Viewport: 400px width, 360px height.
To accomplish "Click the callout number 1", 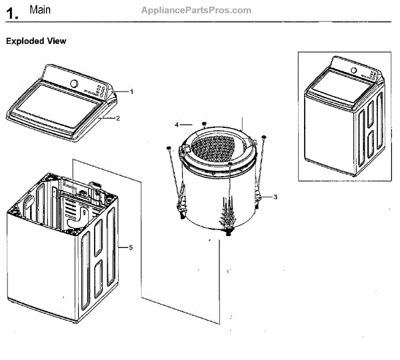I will (132, 91).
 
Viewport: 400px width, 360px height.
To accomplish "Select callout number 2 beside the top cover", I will (117, 119).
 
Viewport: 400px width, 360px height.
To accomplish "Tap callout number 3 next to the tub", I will (275, 197).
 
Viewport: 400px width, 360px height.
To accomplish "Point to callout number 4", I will (177, 125).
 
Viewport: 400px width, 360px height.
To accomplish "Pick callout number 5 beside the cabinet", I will (131, 248).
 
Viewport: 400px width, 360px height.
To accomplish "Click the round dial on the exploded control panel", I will (74, 85).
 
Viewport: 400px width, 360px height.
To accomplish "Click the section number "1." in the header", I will (11, 12).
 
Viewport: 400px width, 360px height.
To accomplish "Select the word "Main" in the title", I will (40, 11).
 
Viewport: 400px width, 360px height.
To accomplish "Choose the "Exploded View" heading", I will (36, 41).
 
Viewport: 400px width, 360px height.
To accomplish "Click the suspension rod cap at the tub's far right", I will (264, 137).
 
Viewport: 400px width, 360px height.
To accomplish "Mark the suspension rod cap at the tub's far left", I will (169, 147).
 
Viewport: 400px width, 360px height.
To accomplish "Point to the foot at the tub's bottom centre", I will (229, 233).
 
